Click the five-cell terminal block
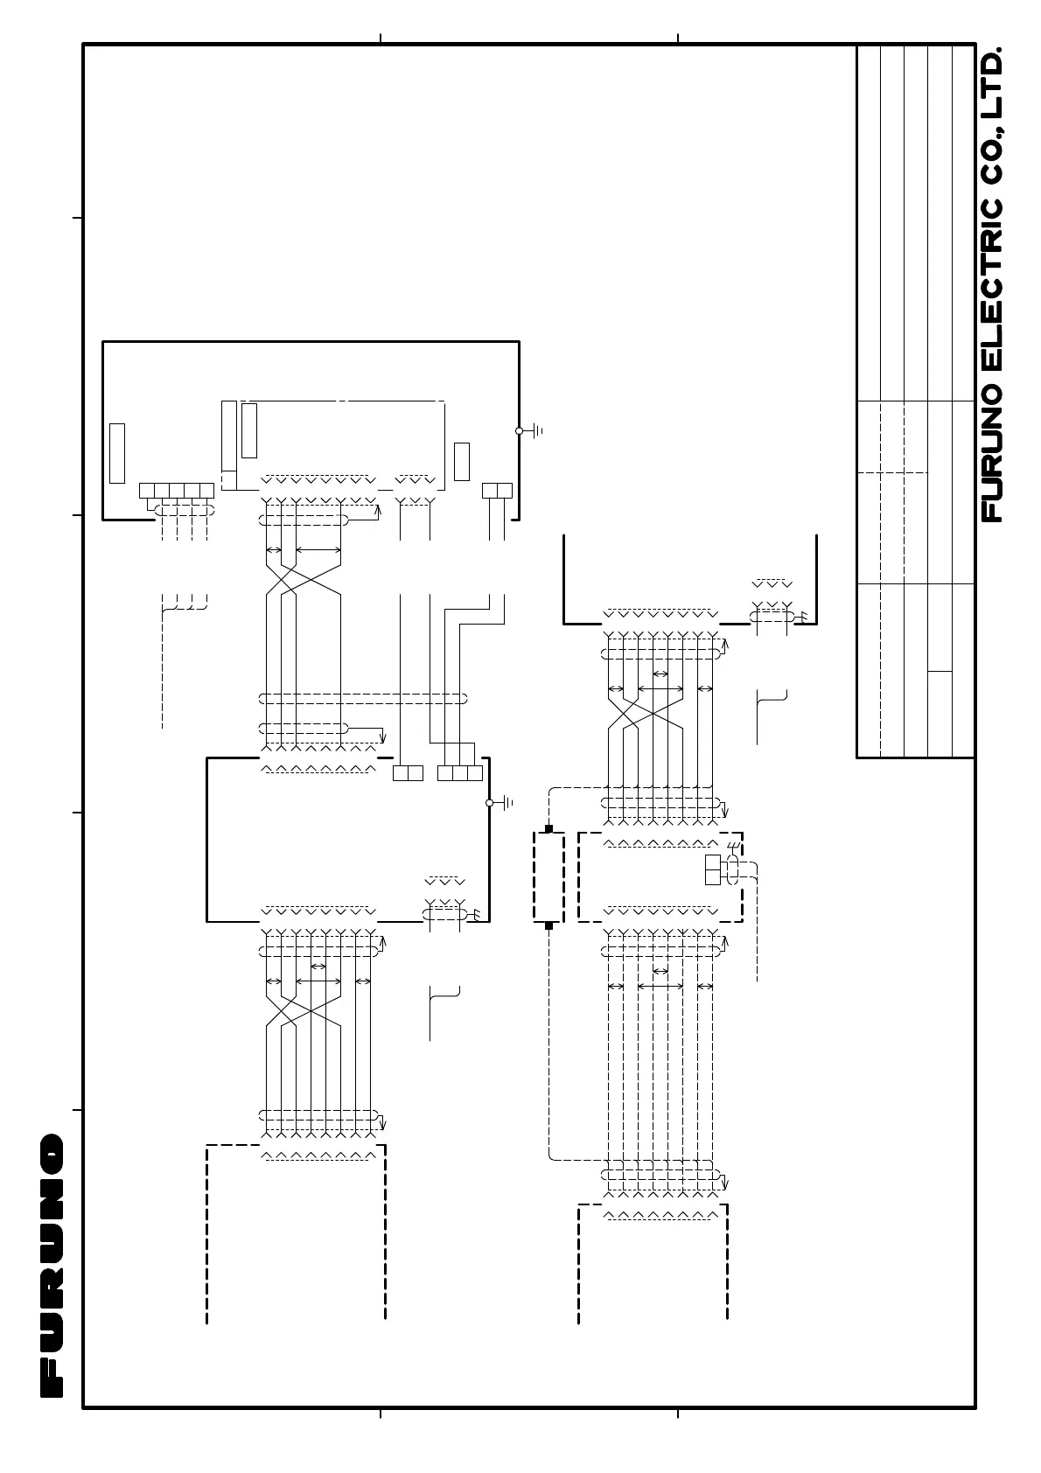(x=176, y=490)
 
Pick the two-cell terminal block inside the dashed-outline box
(x=712, y=870)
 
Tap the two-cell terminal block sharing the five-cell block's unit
(x=497, y=490)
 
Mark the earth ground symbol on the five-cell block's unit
(x=535, y=430)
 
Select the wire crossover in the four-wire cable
(x=303, y=578)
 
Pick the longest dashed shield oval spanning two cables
(x=363, y=698)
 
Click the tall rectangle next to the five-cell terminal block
(x=117, y=452)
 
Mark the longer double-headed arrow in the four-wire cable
(x=318, y=549)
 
